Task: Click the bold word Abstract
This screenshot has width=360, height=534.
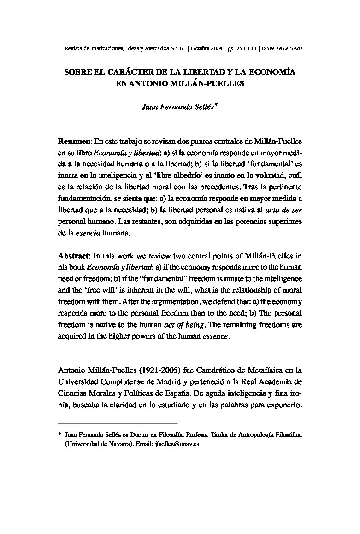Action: (74, 255)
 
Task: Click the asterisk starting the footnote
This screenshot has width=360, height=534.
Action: (60, 434)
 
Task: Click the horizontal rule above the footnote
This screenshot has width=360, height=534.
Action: (118, 423)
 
